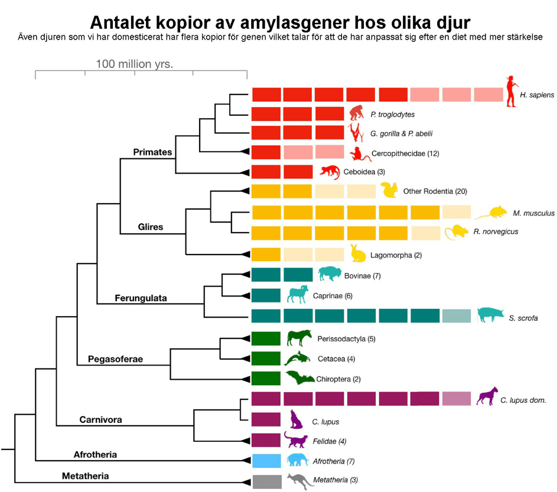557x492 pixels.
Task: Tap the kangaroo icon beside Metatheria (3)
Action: pos(300,481)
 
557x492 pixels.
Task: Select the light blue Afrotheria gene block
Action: pos(266,461)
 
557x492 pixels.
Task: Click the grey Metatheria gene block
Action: pos(267,482)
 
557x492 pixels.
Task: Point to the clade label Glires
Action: pos(150,227)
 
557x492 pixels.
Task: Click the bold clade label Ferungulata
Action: pos(141,298)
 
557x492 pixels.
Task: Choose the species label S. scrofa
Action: pos(523,318)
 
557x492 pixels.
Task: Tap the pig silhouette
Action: pos(490,314)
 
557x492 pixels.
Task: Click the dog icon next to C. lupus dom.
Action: pos(487,396)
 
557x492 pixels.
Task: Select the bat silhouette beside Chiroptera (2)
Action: pos(300,377)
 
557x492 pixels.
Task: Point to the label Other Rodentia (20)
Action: pos(435,191)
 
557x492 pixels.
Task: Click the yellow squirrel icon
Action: pos(389,190)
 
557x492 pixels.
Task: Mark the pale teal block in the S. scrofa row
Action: pos(457,316)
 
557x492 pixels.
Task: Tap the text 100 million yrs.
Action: pos(135,64)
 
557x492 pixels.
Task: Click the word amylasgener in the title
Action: pos(295,22)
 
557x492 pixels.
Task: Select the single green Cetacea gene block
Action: pos(266,359)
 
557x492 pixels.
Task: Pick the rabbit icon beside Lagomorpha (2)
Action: pos(358,253)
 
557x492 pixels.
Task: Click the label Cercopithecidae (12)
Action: pos(405,154)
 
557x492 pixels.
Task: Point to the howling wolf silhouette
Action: pos(297,419)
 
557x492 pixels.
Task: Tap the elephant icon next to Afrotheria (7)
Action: pos(297,460)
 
